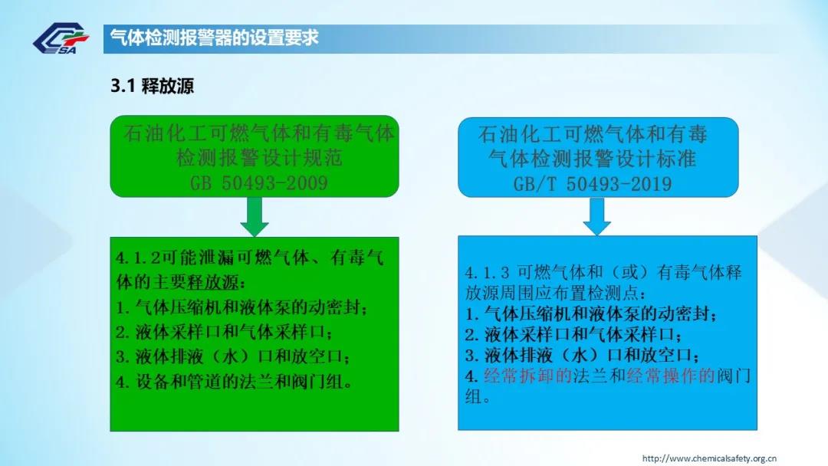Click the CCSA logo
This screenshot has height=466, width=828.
pyautogui.click(x=61, y=38)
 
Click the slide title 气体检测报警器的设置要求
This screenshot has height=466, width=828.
pyautogui.click(x=214, y=38)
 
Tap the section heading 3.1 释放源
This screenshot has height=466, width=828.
pyautogui.click(x=152, y=86)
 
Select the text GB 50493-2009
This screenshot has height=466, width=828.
pyautogui.click(x=259, y=183)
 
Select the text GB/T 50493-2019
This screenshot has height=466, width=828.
pyautogui.click(x=593, y=184)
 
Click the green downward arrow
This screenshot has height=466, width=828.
pyautogui.click(x=255, y=216)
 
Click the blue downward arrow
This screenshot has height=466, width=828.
pyautogui.click(x=596, y=216)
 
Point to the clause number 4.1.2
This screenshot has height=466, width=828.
pyautogui.click(x=137, y=258)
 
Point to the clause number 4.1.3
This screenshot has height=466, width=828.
pyautogui.click(x=488, y=273)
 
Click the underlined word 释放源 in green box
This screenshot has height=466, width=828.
pyautogui.click(x=213, y=282)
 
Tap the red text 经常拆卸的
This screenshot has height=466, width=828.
pyautogui.click(x=528, y=376)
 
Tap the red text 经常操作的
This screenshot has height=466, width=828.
pyautogui.click(x=671, y=376)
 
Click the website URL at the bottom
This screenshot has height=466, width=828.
pyautogui.click(x=709, y=458)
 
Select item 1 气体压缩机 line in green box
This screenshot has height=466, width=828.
pyautogui.click(x=242, y=307)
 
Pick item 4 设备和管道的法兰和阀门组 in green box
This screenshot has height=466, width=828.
pyautogui.click(x=235, y=382)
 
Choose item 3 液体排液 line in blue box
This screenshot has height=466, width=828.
pyautogui.click(x=583, y=355)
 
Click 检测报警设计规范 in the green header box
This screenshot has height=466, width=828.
pyautogui.click(x=260, y=158)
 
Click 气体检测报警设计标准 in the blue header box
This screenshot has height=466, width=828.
pyautogui.click(x=593, y=159)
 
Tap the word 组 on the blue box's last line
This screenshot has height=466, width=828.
pyautogui.click(x=474, y=397)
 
